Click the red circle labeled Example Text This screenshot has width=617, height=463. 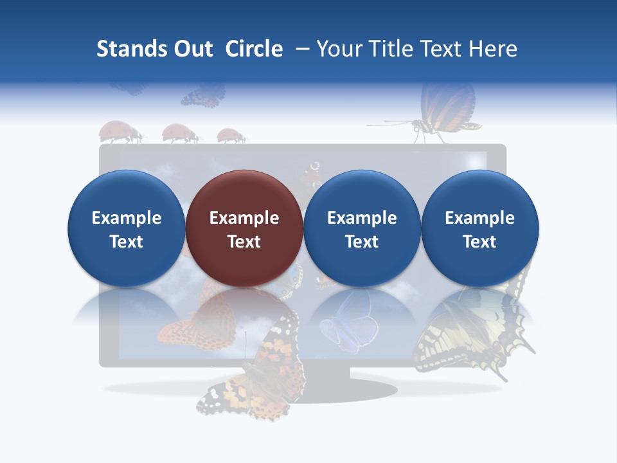pyautogui.click(x=244, y=228)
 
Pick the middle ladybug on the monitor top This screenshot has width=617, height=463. pyautogui.click(x=180, y=133)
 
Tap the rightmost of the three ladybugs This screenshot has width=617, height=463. pyautogui.click(x=231, y=136)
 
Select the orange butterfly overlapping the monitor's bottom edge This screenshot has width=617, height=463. pyautogui.click(x=254, y=373)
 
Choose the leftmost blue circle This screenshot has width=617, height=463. pyautogui.click(x=127, y=228)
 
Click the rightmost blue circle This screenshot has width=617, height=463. pyautogui.click(x=480, y=228)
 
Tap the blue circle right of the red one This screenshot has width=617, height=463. pyautogui.click(x=362, y=228)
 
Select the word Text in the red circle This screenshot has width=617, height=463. pyautogui.click(x=244, y=242)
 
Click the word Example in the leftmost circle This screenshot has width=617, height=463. pyautogui.click(x=127, y=218)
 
